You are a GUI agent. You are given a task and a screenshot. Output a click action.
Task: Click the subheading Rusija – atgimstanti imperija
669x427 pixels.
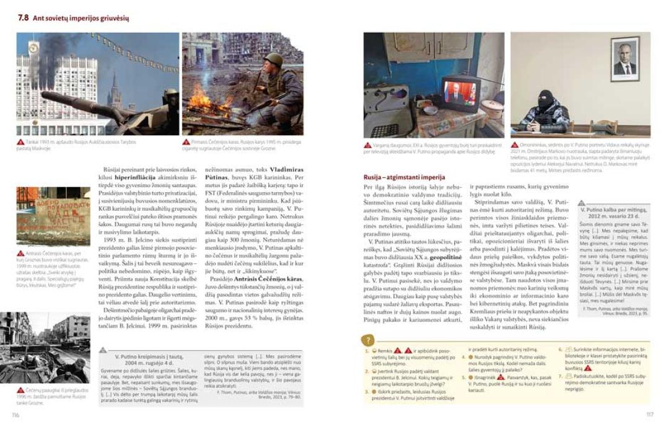(x=404, y=178)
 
